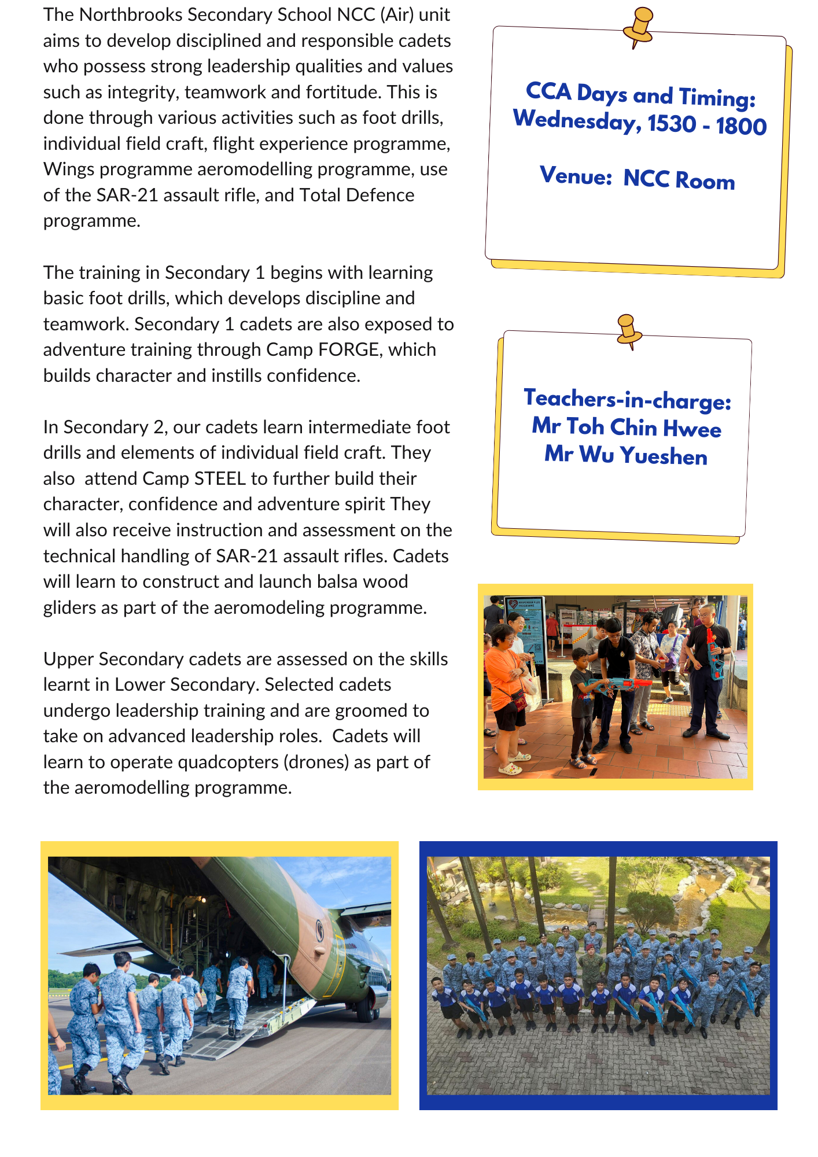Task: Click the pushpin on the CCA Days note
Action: [x=639, y=26]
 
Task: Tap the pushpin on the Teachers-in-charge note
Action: [x=628, y=330]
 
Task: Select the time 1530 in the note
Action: [x=672, y=124]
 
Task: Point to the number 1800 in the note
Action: [x=741, y=126]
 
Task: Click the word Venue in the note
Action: [x=575, y=175]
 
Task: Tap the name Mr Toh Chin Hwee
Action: [x=627, y=428]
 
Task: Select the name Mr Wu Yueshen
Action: [x=626, y=455]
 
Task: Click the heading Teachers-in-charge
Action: [x=627, y=399]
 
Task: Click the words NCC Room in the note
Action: [x=679, y=179]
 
